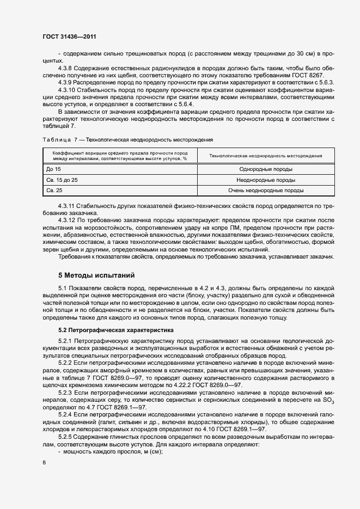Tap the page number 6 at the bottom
[43, 462]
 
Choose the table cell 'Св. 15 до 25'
[63, 180]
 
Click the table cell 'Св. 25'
[55, 191]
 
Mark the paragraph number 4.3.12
[68, 222]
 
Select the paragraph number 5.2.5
[66, 437]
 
